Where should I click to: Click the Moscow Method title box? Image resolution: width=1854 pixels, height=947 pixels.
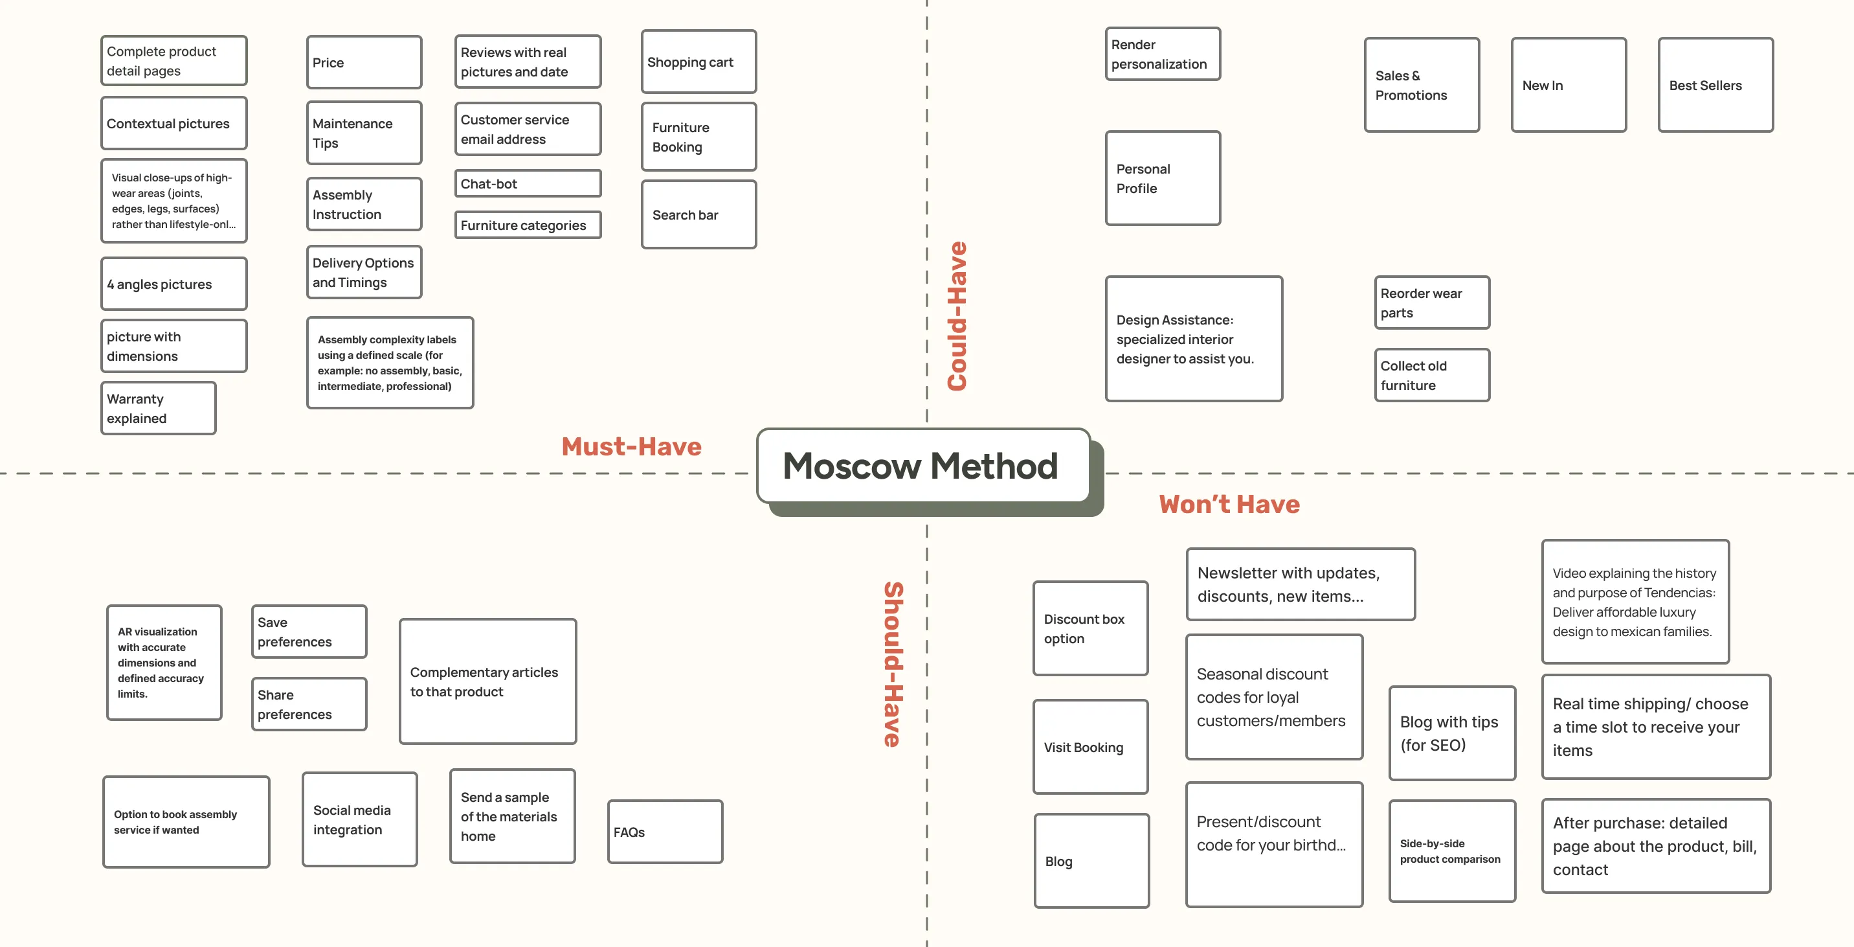[922, 466]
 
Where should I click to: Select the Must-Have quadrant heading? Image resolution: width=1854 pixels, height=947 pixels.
[631, 446]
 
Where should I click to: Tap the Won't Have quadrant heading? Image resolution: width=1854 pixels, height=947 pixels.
[1229, 504]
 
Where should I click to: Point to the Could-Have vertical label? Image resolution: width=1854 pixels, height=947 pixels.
[957, 316]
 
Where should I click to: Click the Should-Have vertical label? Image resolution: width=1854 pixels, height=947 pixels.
[893, 664]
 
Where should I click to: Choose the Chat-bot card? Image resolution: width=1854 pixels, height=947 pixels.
[528, 184]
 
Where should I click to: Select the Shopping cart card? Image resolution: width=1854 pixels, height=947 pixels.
[698, 62]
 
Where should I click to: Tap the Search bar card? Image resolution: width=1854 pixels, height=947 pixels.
[698, 214]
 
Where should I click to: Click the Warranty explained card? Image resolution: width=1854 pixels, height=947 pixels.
[159, 408]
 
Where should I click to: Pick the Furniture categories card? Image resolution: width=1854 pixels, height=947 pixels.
[528, 225]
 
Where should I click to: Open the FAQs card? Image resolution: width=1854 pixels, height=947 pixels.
[664, 832]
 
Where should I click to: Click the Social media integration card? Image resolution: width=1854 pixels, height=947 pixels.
[359, 819]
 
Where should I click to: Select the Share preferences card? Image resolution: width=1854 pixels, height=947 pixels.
[309, 704]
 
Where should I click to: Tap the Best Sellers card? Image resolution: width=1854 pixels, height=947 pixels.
[1715, 85]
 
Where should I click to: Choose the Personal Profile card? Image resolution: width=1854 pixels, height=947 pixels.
[1163, 179]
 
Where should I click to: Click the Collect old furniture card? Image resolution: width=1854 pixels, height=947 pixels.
[1431, 375]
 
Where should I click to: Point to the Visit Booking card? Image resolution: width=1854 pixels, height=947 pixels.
[1089, 747]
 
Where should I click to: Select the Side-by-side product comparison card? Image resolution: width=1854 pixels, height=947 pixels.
[1452, 850]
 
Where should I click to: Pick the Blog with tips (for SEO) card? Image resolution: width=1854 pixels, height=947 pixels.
[1452, 733]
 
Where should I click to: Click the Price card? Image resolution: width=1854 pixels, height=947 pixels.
[363, 63]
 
